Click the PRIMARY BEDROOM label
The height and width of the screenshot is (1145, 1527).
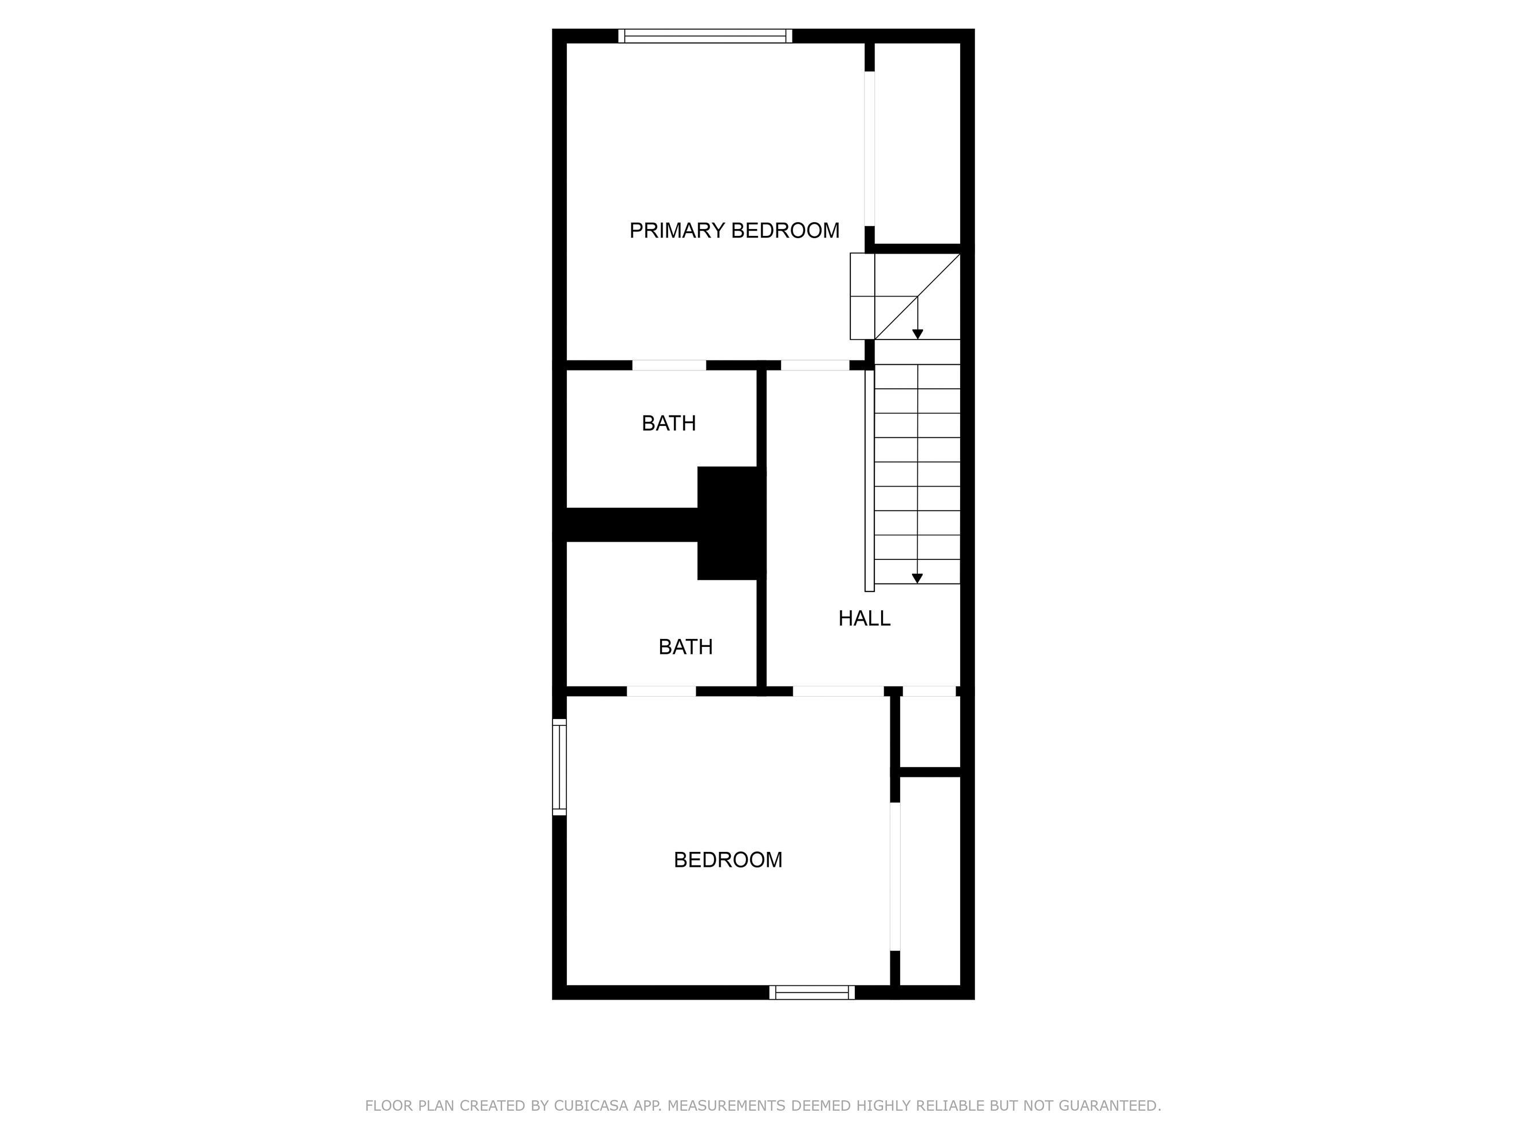point(734,231)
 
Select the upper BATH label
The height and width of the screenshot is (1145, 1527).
point(668,423)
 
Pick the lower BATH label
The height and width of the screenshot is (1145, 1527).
point(685,647)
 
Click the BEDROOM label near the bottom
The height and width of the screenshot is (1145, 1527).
point(728,860)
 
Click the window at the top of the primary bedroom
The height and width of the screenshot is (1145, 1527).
point(705,36)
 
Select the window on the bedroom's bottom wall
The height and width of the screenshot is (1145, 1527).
point(812,993)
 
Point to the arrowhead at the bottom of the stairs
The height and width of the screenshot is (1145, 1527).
point(917,578)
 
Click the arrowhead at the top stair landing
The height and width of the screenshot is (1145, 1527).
point(917,334)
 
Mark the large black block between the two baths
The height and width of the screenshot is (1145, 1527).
point(731,523)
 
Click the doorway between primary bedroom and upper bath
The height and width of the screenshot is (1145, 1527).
point(669,365)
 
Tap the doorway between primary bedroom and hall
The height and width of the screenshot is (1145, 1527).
point(815,365)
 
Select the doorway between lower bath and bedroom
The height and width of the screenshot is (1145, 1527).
point(661,691)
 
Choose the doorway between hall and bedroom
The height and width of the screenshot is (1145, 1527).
point(838,691)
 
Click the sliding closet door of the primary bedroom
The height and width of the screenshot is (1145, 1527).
point(870,148)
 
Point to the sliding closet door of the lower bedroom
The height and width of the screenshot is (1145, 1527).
point(895,876)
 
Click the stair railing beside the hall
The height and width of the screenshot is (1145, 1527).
point(869,480)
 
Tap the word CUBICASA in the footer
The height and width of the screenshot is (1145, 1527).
point(590,1105)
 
